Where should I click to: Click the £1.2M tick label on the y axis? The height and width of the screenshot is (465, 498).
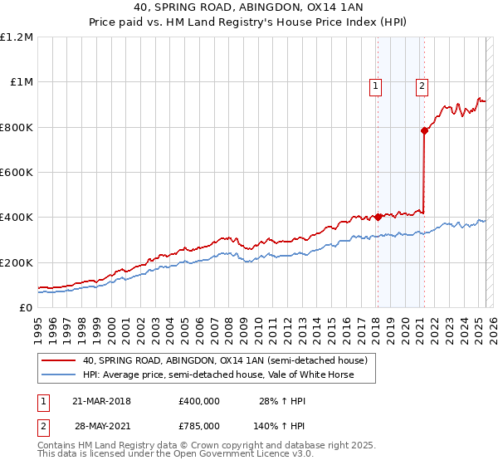[x=17, y=37]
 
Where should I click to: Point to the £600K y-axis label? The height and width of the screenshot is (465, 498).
[x=17, y=173]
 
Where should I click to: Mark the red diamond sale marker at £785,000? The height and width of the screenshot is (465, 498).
[x=424, y=130]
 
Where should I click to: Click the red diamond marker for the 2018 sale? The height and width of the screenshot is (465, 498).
[x=378, y=218]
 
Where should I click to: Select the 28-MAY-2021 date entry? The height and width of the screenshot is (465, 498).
[x=102, y=425]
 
